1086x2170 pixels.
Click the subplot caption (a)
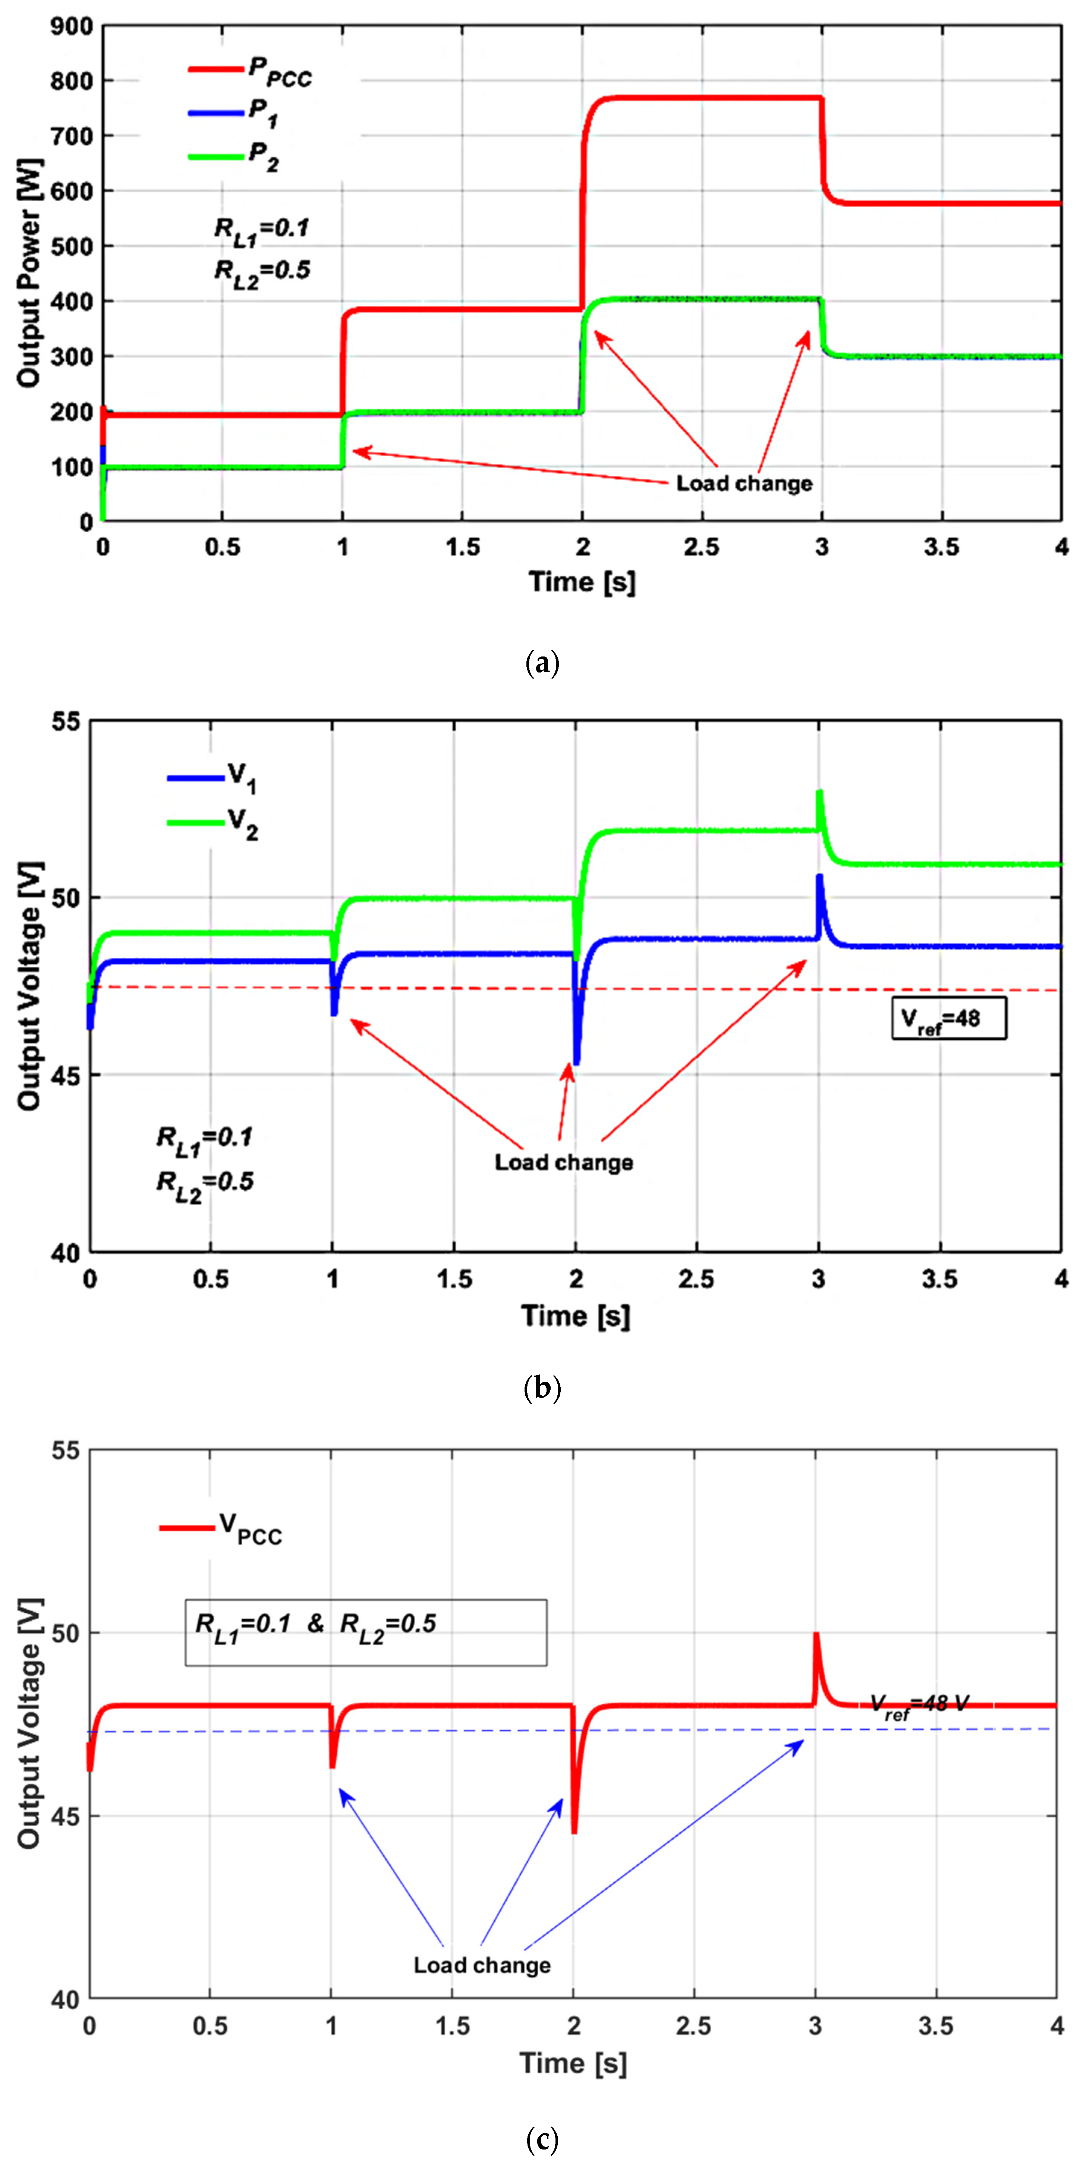point(542,664)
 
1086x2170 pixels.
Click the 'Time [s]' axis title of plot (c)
point(573,2063)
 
